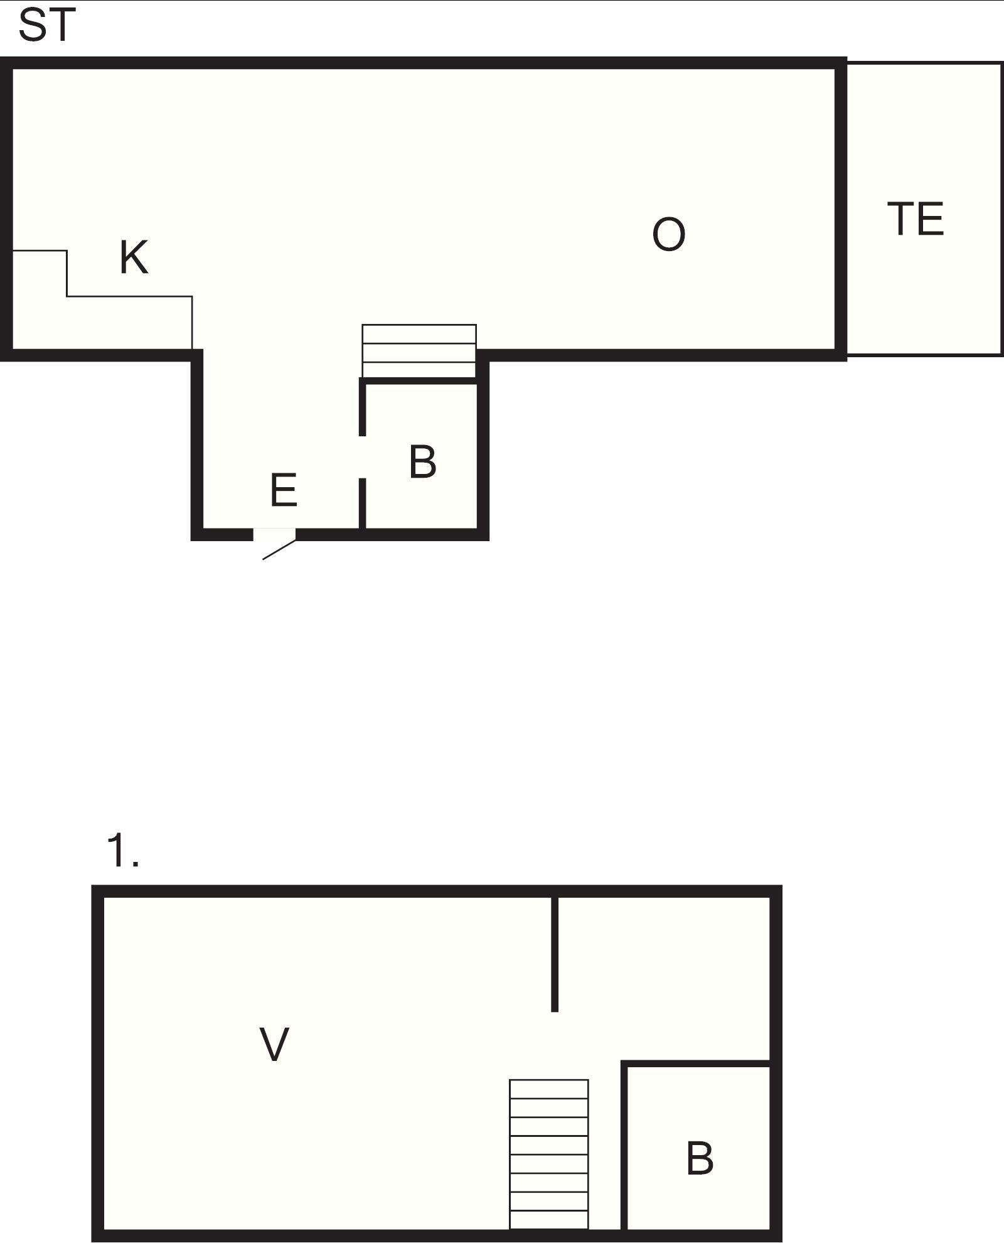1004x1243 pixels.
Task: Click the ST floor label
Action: pyautogui.click(x=47, y=26)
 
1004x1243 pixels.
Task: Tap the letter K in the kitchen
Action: pyautogui.click(x=134, y=257)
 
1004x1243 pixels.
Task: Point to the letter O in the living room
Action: pyautogui.click(x=668, y=235)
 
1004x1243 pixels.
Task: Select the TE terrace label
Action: pyautogui.click(x=916, y=219)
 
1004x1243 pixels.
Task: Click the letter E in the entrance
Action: pyautogui.click(x=284, y=490)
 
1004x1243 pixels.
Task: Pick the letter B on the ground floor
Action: pyautogui.click(x=422, y=462)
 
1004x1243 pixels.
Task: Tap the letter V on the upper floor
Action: pyautogui.click(x=274, y=1045)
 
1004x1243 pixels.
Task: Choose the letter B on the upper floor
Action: pyautogui.click(x=700, y=1159)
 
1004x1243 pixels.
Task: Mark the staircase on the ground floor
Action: pyautogui.click(x=419, y=352)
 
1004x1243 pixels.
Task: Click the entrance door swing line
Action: pyautogui.click(x=279, y=549)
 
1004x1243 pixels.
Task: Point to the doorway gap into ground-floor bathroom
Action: pyautogui.click(x=362, y=456)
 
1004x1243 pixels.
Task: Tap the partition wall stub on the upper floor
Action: pyautogui.click(x=554, y=954)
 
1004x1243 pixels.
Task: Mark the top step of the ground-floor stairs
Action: pyautogui.click(x=419, y=334)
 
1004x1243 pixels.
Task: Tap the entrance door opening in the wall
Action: pyautogui.click(x=274, y=534)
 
